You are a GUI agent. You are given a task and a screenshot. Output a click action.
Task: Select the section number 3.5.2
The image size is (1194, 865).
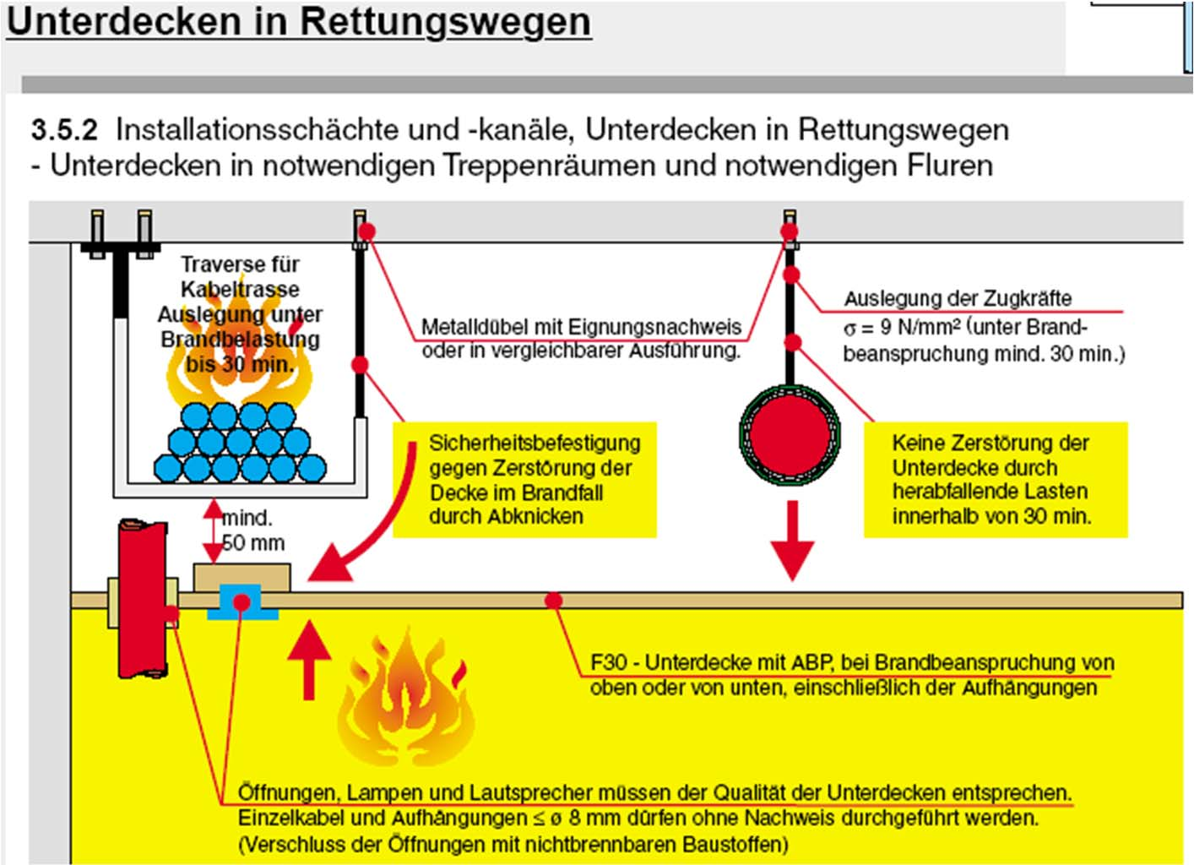coord(64,130)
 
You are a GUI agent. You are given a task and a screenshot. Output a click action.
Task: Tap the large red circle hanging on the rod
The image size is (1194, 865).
coord(790,435)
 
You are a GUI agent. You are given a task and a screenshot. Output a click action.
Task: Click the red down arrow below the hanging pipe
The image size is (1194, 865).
coord(792,541)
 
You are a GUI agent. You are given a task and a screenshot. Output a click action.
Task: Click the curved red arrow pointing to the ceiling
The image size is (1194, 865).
coord(372,524)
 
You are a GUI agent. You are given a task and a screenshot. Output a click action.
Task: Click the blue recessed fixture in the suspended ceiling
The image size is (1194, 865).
coord(242,602)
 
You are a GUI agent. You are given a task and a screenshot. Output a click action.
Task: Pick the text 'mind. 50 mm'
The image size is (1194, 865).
coord(252,530)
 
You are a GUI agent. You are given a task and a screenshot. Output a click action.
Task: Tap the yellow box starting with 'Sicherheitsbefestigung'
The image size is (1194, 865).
coord(524,480)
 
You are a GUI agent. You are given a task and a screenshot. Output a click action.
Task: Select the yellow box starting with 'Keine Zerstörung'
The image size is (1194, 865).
coord(995,480)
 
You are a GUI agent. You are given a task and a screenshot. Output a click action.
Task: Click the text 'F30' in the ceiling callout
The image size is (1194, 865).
coord(609,662)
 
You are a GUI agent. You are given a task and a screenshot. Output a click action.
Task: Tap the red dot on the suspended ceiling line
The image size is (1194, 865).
coord(553,601)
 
